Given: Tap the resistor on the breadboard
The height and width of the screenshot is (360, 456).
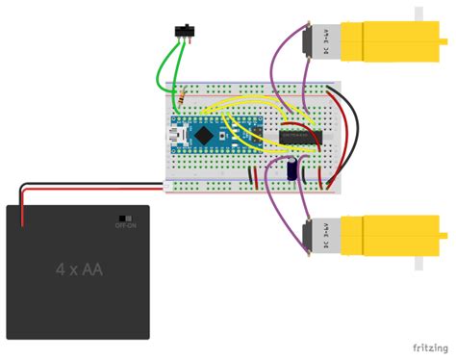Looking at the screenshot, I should (x=182, y=98).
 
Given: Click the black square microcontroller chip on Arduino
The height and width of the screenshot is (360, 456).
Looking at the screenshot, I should (x=205, y=136).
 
